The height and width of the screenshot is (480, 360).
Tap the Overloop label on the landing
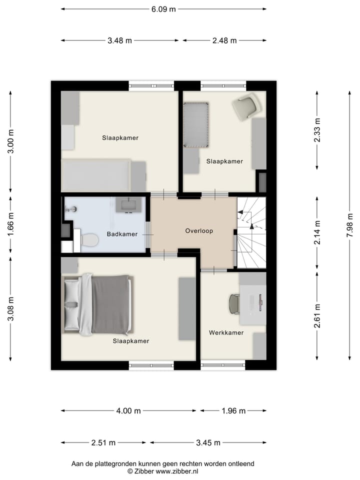199,231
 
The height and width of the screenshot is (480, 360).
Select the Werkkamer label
226,332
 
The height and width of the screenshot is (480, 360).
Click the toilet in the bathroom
89,240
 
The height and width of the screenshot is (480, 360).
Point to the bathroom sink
126,204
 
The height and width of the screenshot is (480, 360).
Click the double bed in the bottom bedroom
98,304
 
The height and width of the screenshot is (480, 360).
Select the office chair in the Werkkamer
234,304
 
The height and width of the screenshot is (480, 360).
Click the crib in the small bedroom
195,125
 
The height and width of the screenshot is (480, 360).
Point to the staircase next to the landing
251,232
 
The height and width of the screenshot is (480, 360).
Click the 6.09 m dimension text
163,9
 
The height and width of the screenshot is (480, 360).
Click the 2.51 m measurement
103,442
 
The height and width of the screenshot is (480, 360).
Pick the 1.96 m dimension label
233,411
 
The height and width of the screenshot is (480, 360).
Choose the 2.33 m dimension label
317,130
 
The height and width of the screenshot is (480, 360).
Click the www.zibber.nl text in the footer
177,471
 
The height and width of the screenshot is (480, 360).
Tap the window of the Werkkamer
223,365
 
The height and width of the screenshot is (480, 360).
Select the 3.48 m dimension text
119,40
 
